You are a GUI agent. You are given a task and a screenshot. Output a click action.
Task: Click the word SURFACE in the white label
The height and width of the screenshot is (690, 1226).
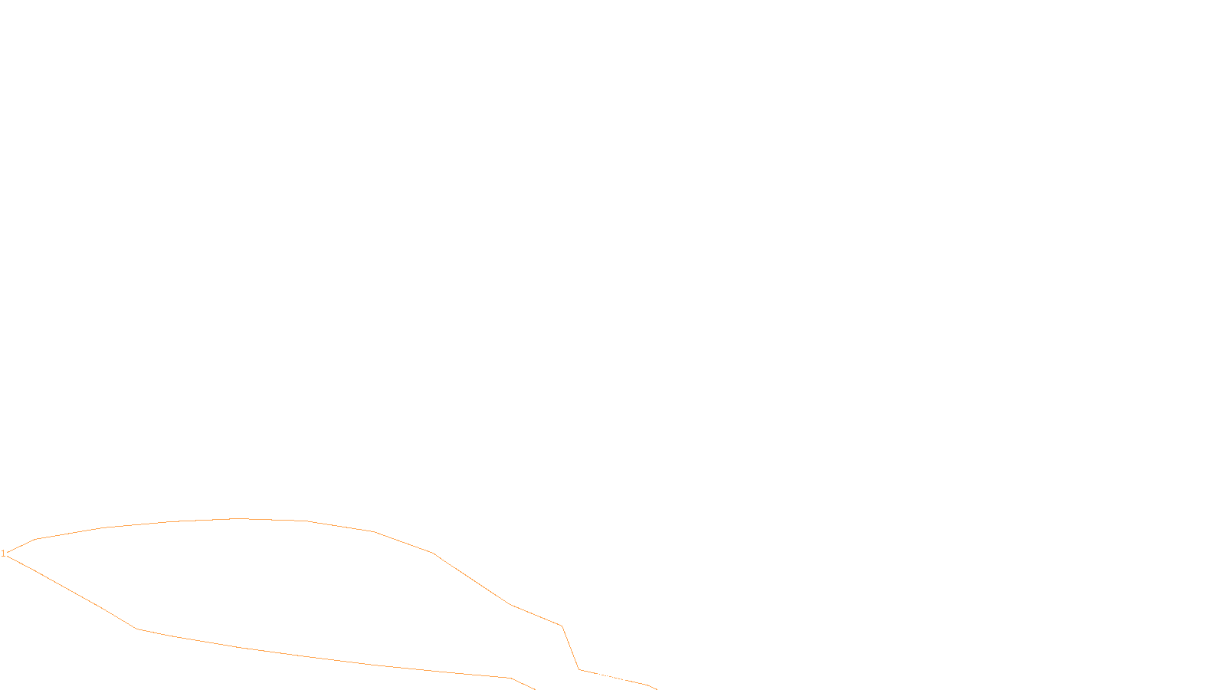(x=613, y=677)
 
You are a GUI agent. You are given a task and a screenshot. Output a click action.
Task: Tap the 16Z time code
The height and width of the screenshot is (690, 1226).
(x=581, y=677)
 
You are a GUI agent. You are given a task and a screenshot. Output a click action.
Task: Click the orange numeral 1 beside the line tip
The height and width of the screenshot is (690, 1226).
(x=3, y=554)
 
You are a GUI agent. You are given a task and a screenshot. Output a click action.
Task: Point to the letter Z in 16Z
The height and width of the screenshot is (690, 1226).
(x=586, y=677)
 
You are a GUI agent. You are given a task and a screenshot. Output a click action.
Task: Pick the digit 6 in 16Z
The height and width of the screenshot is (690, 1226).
(x=581, y=677)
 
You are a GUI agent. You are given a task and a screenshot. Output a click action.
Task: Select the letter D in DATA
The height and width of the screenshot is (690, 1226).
(x=640, y=677)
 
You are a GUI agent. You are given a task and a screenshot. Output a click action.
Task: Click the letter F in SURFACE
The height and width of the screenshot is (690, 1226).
(x=613, y=677)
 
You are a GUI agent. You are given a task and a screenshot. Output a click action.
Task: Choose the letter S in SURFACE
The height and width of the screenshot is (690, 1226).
(x=597, y=677)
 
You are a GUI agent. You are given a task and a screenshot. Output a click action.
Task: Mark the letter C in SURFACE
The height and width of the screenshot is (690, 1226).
(x=624, y=677)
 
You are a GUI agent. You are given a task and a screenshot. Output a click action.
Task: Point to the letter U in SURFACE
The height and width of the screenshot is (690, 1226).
(x=602, y=677)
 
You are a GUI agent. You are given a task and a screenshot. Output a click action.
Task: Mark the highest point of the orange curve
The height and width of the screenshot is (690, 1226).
(x=239, y=519)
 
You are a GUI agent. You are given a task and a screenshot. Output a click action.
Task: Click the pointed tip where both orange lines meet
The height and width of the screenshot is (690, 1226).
(x=8, y=554)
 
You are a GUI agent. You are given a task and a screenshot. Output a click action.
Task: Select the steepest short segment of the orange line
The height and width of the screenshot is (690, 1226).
(x=570, y=648)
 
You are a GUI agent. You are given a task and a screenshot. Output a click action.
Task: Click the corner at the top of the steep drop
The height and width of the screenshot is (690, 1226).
(x=562, y=626)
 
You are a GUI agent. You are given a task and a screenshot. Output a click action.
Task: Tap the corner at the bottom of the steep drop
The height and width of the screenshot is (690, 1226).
(x=579, y=669)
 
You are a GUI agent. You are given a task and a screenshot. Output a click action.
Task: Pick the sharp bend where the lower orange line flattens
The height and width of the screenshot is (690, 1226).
(x=136, y=629)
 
